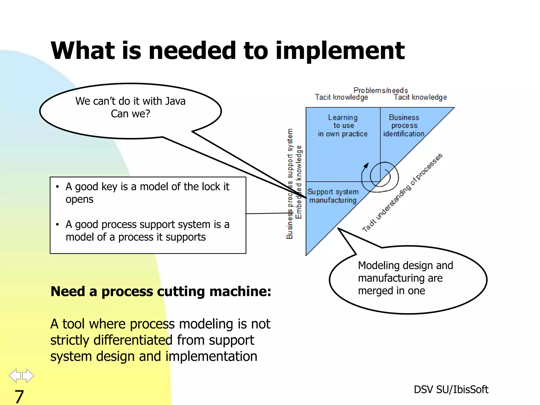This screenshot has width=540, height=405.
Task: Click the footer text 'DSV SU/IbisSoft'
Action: pyautogui.click(x=451, y=389)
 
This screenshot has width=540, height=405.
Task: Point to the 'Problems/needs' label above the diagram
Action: pyautogui.click(x=380, y=90)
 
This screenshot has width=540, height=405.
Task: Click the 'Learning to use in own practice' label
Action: pyautogui.click(x=343, y=126)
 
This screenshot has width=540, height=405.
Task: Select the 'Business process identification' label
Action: pyautogui.click(x=404, y=126)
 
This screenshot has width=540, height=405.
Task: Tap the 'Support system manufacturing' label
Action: pyautogui.click(x=333, y=196)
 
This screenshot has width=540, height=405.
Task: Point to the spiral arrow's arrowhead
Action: pyautogui.click(x=366, y=166)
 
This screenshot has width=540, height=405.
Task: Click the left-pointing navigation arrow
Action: pyautogui.click(x=15, y=375)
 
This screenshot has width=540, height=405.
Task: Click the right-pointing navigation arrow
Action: pyautogui.click(x=28, y=375)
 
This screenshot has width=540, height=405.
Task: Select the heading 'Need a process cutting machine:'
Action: pyautogui.click(x=161, y=291)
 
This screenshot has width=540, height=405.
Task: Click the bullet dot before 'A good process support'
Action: pyautogui.click(x=57, y=225)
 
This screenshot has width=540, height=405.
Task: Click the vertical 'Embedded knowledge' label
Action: pyautogui.click(x=298, y=182)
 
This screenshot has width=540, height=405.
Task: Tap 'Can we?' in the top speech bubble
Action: pyautogui.click(x=130, y=114)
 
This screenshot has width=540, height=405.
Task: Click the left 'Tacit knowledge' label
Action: pyautogui.click(x=341, y=97)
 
